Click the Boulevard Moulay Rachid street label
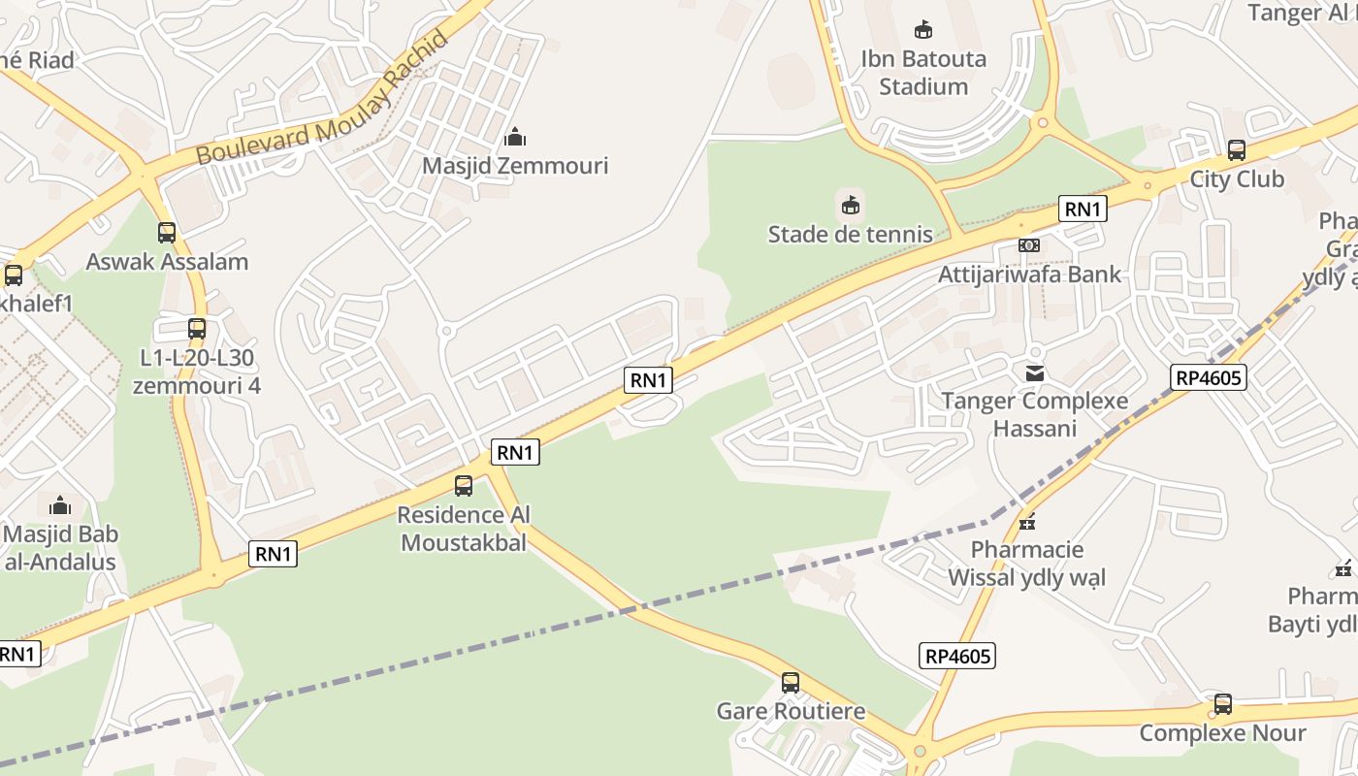coord(323,100)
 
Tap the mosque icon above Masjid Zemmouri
coord(515,137)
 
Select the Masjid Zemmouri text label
coord(515,166)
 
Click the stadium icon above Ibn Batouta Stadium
coord(923,30)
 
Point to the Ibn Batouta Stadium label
coord(923,73)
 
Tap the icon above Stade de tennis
coord(851,205)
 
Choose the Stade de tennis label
coord(851,234)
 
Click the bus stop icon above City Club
coord(1237,150)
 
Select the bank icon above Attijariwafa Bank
coord(1029,245)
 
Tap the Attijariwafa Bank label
coord(1029,275)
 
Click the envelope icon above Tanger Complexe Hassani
coord(1035,372)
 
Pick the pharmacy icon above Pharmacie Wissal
coord(1027,522)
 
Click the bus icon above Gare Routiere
coord(791,683)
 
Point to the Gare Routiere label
coord(791,711)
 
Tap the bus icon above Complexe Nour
coord(1223,704)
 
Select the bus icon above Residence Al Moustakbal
coord(464,486)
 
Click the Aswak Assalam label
coord(167,262)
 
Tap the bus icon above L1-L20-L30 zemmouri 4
coord(197,329)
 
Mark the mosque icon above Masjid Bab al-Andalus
coord(60,505)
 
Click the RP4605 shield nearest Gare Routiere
coord(957,657)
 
